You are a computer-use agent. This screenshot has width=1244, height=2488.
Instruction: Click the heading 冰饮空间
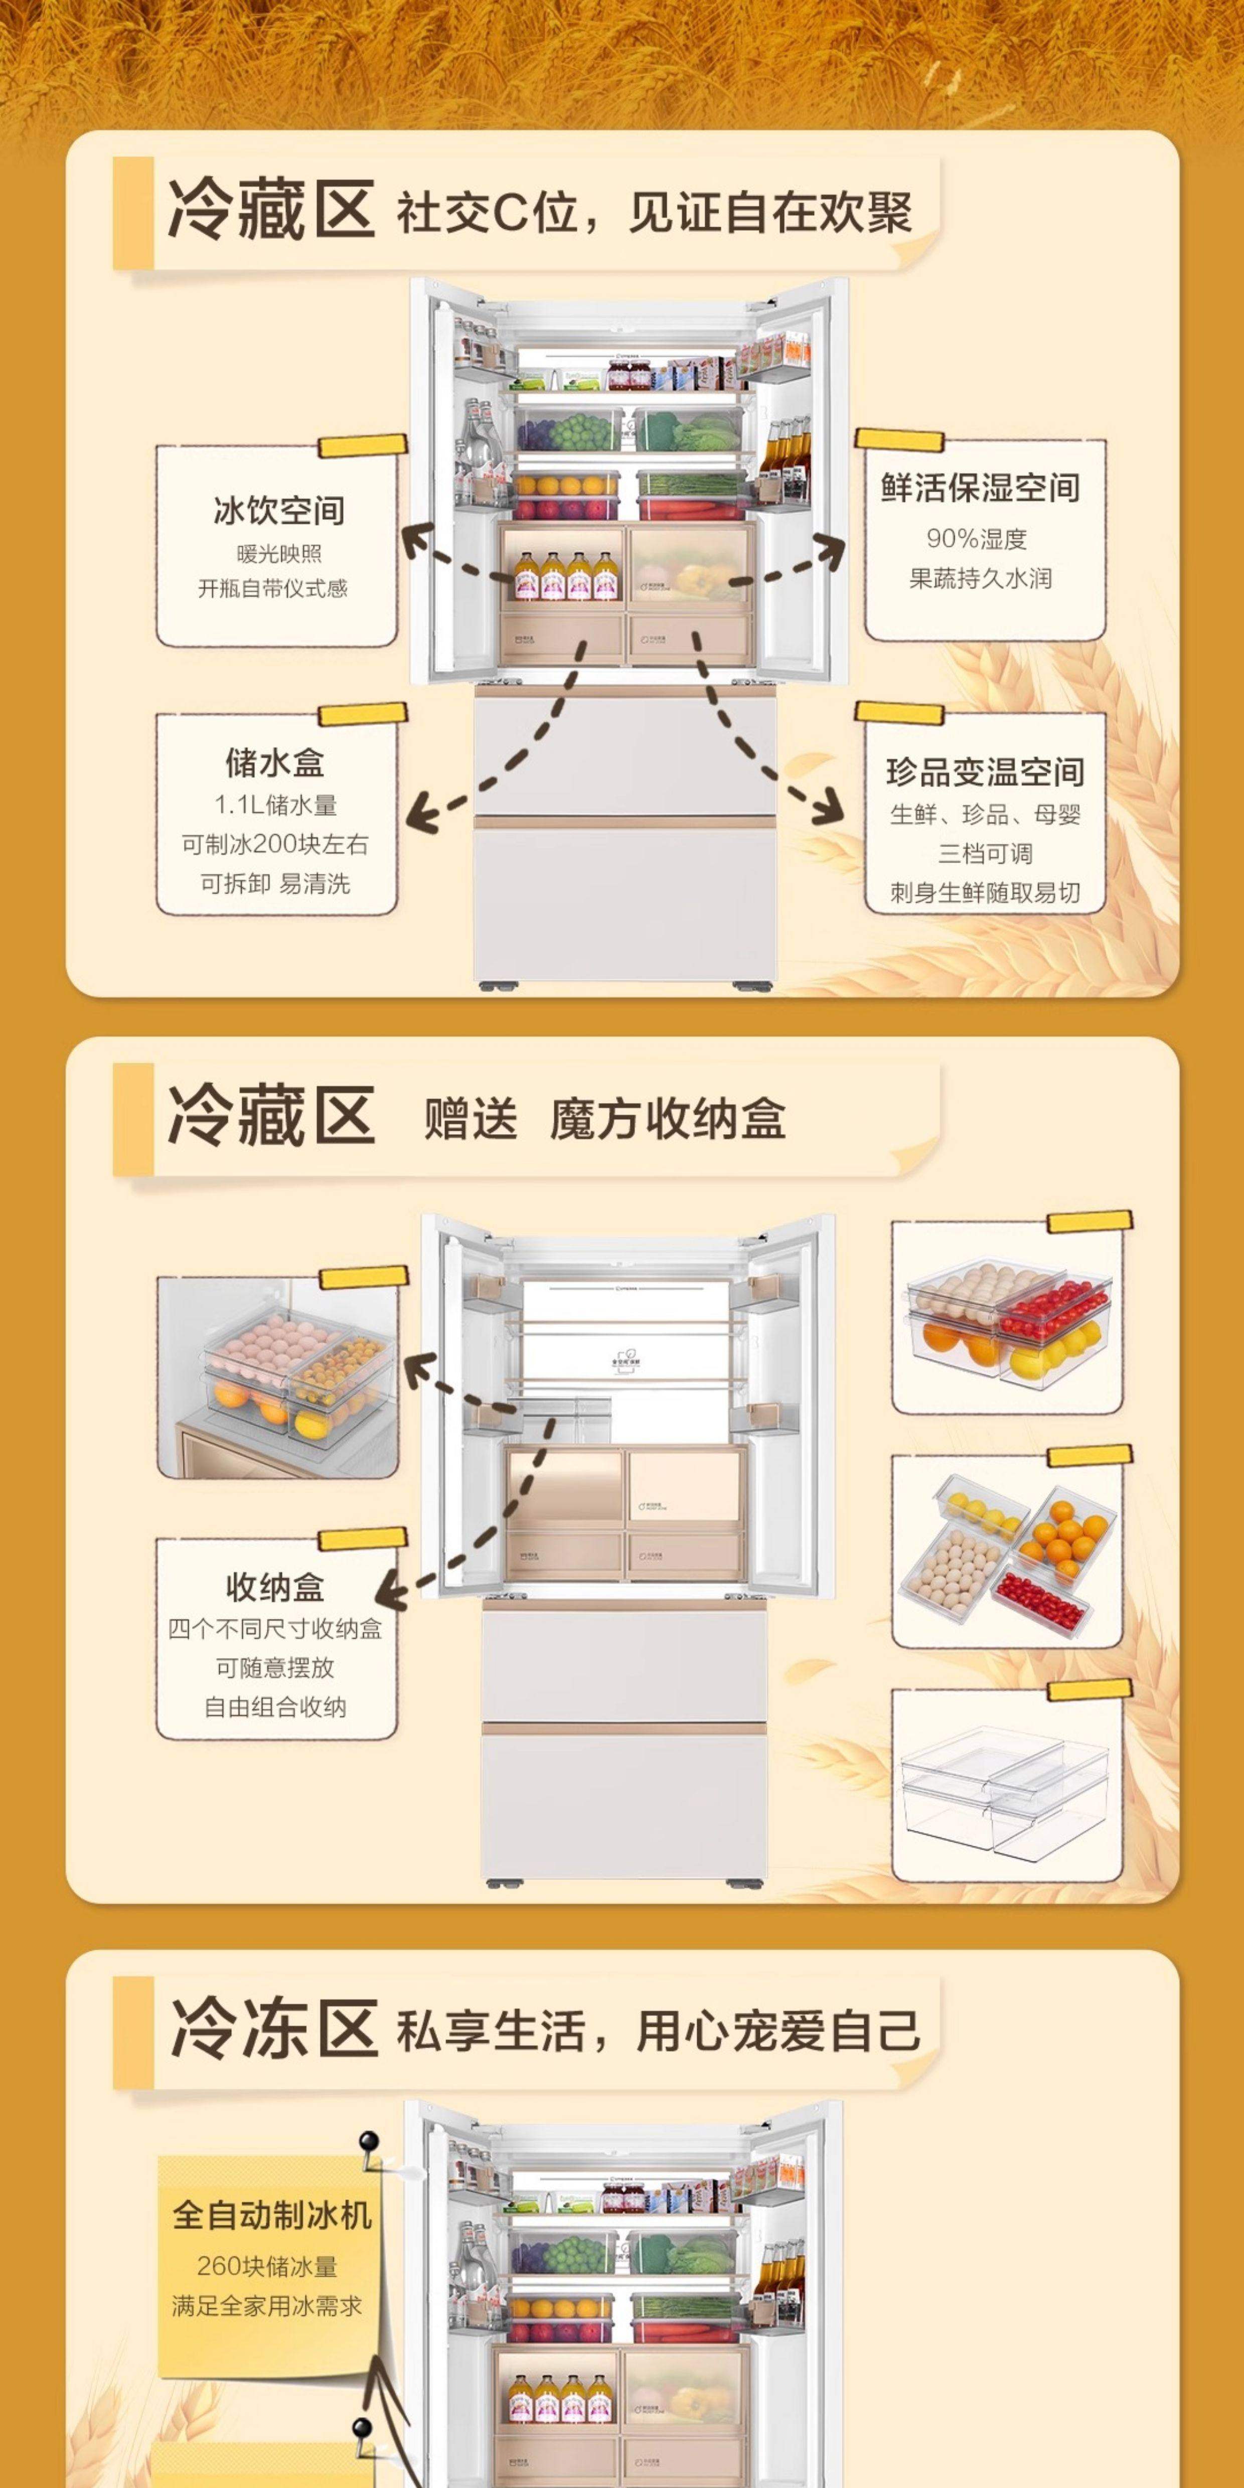(278, 511)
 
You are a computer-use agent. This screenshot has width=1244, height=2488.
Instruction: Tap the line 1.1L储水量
(275, 805)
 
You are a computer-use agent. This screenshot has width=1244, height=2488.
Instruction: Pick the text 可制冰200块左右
(275, 844)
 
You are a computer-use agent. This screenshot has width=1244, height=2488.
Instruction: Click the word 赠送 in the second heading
(471, 1119)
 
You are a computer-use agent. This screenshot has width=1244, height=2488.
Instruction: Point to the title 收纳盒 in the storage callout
(275, 1587)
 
